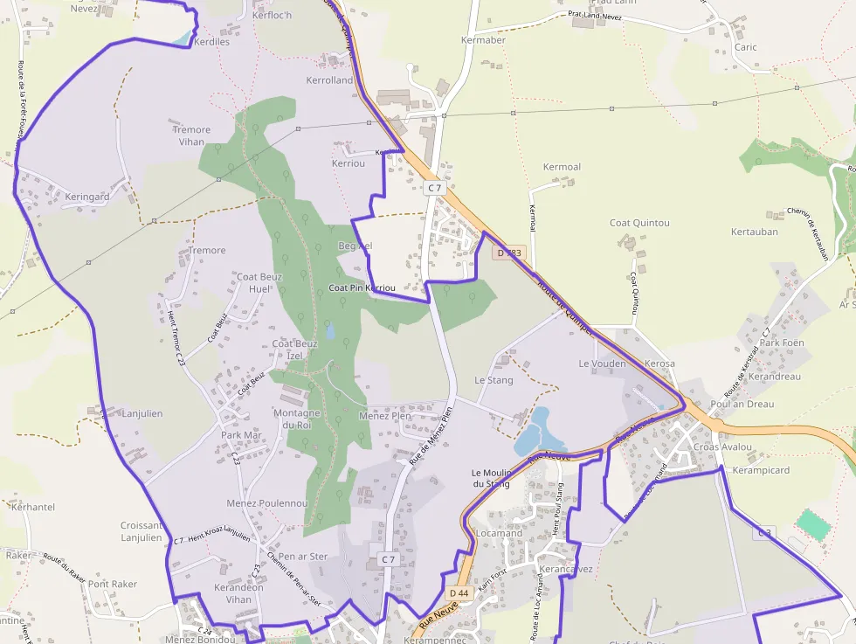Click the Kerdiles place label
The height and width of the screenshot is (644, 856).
point(211,41)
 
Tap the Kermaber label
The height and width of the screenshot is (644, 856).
point(483,40)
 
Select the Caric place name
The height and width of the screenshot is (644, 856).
point(745,47)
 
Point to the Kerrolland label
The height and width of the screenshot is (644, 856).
point(329,80)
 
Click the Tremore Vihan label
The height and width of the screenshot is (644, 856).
point(191,135)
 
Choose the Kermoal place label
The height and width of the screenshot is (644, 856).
point(562,167)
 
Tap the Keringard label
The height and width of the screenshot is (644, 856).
point(86,197)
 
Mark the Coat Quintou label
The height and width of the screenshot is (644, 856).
point(639,223)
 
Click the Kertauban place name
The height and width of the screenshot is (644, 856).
point(754,232)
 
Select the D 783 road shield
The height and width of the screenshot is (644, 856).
point(509,253)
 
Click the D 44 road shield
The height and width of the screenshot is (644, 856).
point(459,593)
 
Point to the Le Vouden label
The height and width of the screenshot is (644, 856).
point(602,364)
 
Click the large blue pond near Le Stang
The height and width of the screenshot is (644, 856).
point(534,430)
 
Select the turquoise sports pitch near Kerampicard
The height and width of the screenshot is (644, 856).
point(813,525)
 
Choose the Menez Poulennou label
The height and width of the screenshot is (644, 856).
point(267,503)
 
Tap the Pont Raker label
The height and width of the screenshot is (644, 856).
point(113,584)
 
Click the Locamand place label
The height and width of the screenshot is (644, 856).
point(499,533)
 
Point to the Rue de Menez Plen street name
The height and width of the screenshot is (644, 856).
point(431,435)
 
